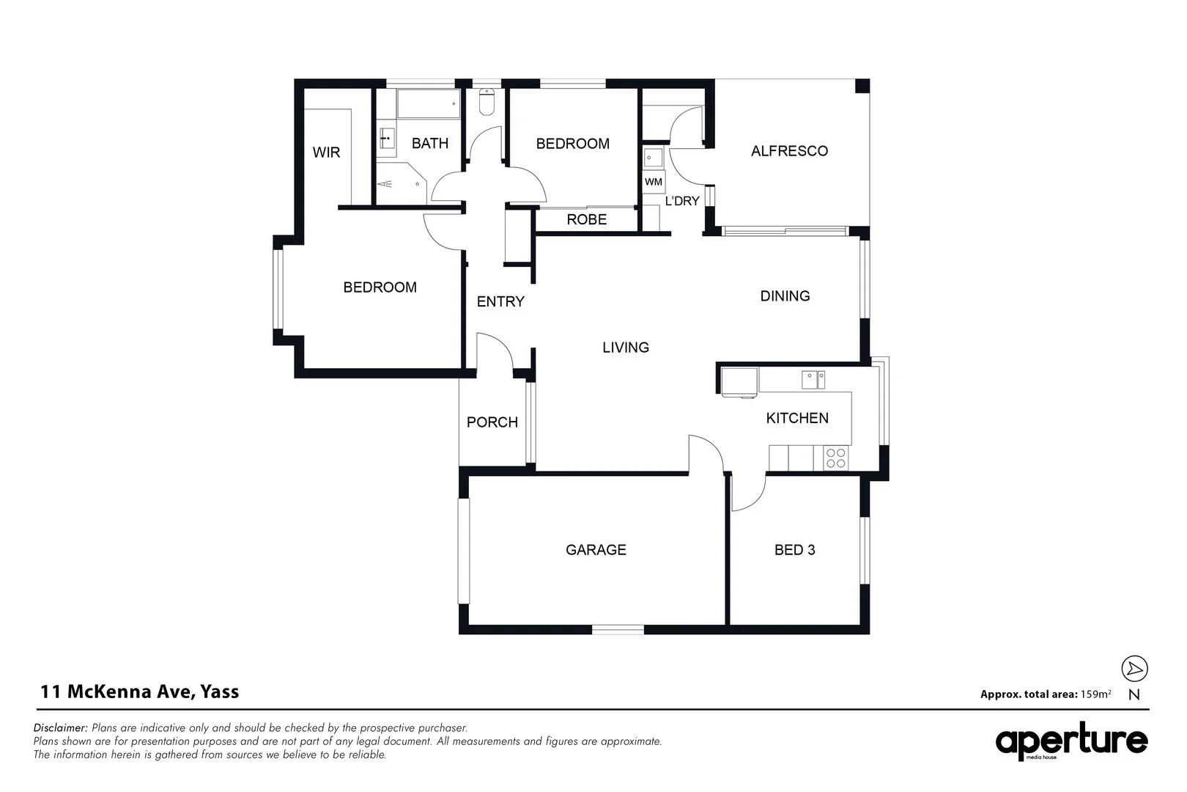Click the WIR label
(326, 153)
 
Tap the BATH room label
(429, 143)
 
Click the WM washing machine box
(654, 181)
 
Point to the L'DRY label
(681, 201)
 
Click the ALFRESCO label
(789, 151)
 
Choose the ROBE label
(586, 219)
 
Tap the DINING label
(785, 296)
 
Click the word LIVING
(626, 348)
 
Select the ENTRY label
(500, 301)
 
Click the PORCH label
(492, 422)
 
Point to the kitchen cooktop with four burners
(835, 458)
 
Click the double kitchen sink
(813, 380)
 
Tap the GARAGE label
(596, 550)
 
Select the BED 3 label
(794, 550)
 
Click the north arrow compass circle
(1134, 668)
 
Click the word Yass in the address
(219, 692)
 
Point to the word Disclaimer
(61, 728)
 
